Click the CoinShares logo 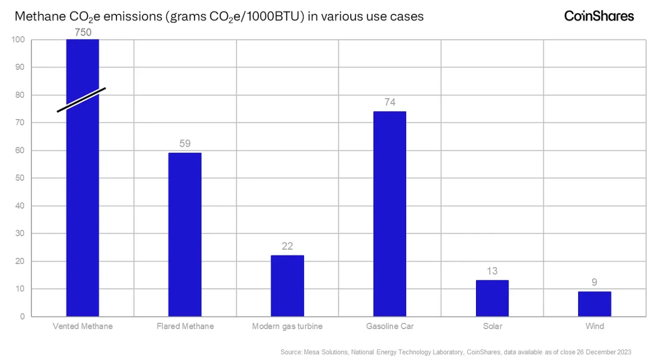(x=599, y=16)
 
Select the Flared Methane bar (x=185, y=234)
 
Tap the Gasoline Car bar (x=390, y=214)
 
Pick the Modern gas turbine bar (x=287, y=286)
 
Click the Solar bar (x=492, y=298)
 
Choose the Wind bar (x=595, y=304)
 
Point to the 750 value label (x=83, y=32)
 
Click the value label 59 (x=185, y=144)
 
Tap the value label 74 (x=390, y=102)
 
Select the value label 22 (x=287, y=247)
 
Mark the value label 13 (x=492, y=271)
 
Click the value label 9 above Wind (x=594, y=282)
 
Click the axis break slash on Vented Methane (x=81, y=100)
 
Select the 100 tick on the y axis (x=18, y=40)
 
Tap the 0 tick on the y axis (x=22, y=317)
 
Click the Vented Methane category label (x=83, y=326)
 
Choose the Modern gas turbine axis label (x=287, y=326)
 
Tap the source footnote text (x=455, y=352)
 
